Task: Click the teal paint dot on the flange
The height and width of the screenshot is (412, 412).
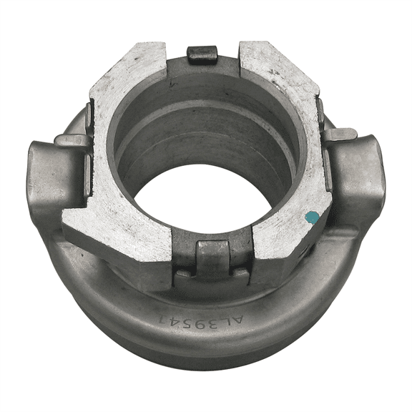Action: tap(311, 215)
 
